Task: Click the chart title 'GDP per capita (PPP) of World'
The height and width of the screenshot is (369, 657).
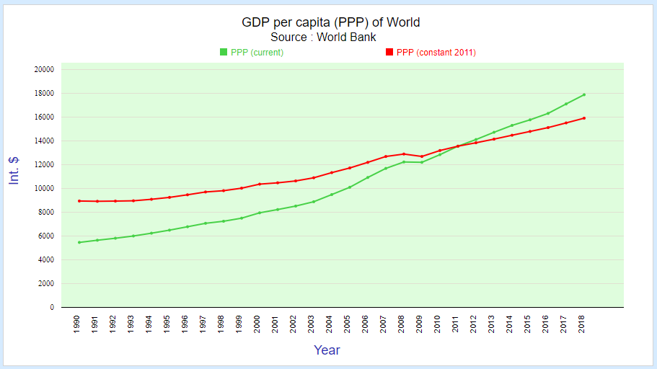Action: pos(330,22)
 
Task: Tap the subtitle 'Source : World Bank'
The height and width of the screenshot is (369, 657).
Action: pos(323,37)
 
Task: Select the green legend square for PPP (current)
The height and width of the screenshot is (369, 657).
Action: pos(224,52)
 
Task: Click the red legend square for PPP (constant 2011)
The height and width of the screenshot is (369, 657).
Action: pos(389,52)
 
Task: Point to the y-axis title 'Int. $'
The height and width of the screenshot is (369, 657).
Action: pos(14,171)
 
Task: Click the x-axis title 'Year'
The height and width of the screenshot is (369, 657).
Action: pos(327,350)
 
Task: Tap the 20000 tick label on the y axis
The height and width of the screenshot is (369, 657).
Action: pos(44,69)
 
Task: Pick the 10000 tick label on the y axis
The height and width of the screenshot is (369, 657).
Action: pos(44,188)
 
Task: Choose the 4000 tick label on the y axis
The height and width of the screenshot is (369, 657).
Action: pos(46,259)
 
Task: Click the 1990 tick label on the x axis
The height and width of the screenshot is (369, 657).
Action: pos(78,322)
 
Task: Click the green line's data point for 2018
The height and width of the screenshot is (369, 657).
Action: pos(584,94)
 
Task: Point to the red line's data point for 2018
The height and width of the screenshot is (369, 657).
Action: pos(584,118)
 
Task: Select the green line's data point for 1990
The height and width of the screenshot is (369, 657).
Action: pos(79,242)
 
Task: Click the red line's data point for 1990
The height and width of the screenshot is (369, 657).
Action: pos(79,201)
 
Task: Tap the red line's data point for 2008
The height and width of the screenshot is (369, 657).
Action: pos(404,154)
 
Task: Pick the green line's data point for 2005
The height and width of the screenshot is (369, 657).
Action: pos(350,187)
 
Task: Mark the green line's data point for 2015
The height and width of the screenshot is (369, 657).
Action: pos(530,120)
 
